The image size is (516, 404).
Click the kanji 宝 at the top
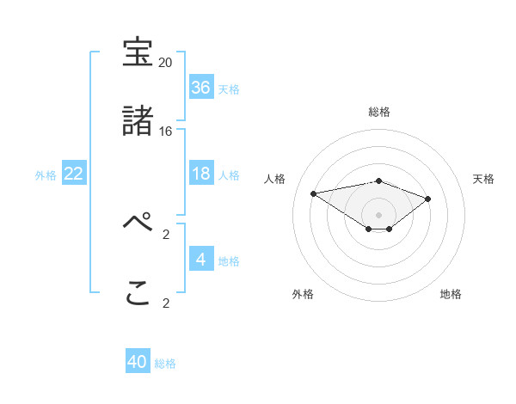pos(138,52)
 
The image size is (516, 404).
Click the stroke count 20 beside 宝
pos(166,63)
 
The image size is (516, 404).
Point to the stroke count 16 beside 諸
pos(166,132)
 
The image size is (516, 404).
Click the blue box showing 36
pos(200,88)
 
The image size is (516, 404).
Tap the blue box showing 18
pos(200,174)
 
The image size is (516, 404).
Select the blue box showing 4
pos(200,260)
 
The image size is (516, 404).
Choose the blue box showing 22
pos(74,174)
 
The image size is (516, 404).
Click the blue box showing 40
pos(138,363)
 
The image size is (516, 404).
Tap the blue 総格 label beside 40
pos(165,364)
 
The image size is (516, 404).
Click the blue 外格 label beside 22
pos(46,174)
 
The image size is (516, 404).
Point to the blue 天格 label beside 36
pos(229,89)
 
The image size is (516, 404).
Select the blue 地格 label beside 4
pos(229,260)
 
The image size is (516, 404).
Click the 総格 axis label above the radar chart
pos(379,112)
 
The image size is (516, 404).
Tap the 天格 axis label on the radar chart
pos(483,179)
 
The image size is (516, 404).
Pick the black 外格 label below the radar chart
pos(303,294)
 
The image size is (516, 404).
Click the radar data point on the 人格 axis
pos(314,193)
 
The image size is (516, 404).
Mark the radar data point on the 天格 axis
pos(427,199)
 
